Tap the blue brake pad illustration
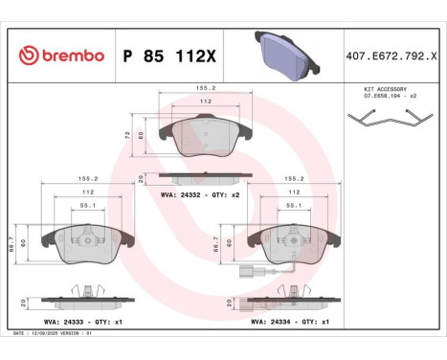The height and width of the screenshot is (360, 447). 285,54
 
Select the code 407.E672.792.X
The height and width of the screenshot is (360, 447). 393,56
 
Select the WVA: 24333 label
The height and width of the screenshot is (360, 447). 66,323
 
